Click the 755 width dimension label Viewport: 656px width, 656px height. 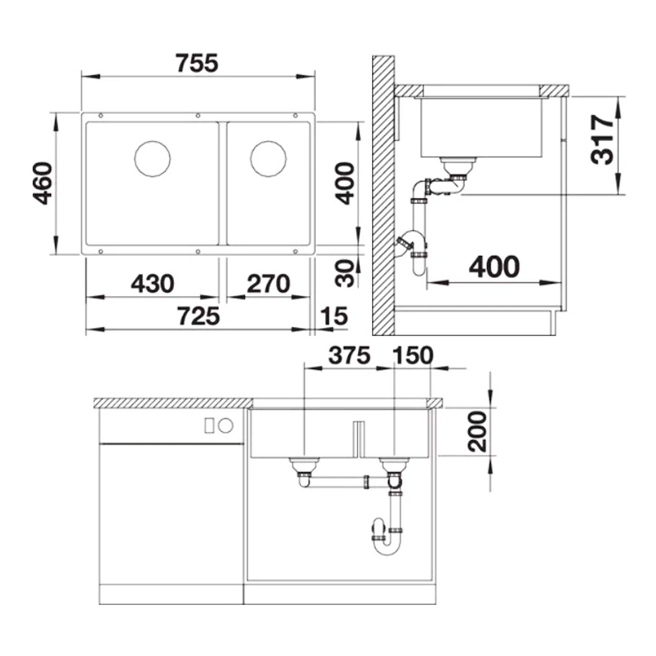coord(197,64)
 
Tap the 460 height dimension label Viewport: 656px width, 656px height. coord(44,184)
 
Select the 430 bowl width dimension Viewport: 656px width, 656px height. coord(152,284)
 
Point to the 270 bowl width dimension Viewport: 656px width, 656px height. coord(268,284)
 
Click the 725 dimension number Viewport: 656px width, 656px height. coord(199,316)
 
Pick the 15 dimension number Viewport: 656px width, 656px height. coord(334,316)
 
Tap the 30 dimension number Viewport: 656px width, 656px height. coord(345,273)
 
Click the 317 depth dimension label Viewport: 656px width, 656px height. coord(602,140)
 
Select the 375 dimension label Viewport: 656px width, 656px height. coord(349,355)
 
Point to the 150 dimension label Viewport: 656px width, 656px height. coord(413,355)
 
